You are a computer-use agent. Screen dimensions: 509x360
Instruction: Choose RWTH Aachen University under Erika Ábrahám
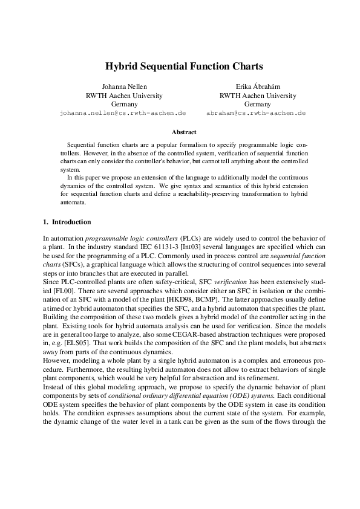pyautogui.click(x=257, y=95)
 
